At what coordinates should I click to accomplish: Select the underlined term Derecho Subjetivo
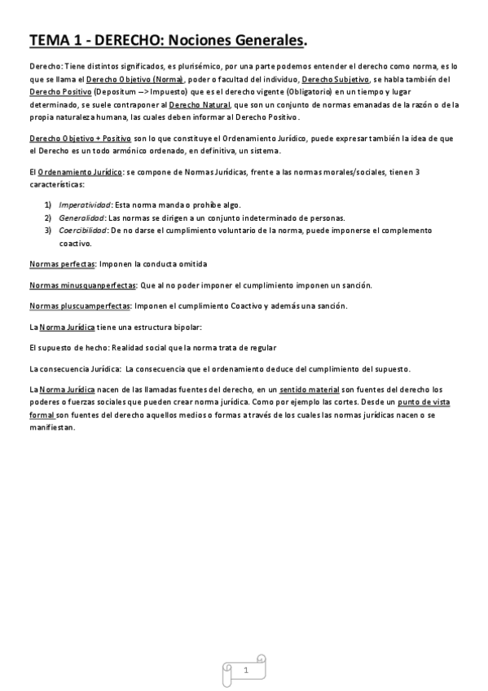336,79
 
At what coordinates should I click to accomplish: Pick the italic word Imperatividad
85,205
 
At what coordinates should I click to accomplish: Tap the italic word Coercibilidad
83,231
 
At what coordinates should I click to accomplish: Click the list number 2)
48,218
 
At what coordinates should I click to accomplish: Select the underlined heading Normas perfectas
62,265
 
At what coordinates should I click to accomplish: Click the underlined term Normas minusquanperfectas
82,285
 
